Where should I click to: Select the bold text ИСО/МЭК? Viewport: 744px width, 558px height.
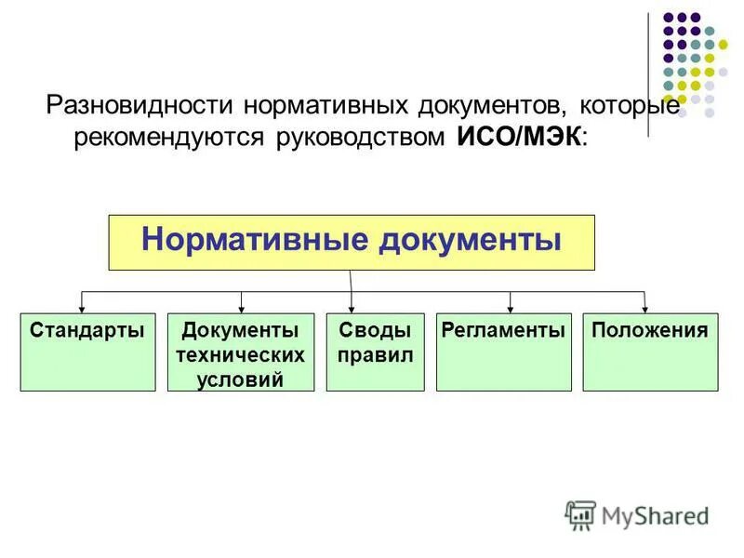520,137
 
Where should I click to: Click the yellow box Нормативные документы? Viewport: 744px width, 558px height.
352,242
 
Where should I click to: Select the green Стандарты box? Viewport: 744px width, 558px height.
87,352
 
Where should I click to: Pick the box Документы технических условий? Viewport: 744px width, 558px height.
242,352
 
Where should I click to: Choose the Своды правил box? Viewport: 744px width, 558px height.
376,352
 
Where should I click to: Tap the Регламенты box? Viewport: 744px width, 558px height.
503,352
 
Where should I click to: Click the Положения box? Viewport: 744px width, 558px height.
650,352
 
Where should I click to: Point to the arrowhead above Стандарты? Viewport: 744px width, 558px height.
83,307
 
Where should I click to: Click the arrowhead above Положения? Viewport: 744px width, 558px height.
644,307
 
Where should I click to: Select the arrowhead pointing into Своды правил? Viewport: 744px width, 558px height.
352,307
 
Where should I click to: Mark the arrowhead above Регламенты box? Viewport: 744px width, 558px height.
510,307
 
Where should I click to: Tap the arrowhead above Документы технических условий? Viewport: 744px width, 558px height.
242,307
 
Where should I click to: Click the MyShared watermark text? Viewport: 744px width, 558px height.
655,514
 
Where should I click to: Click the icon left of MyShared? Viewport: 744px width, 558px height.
580,514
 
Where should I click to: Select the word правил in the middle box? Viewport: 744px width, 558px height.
376,355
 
